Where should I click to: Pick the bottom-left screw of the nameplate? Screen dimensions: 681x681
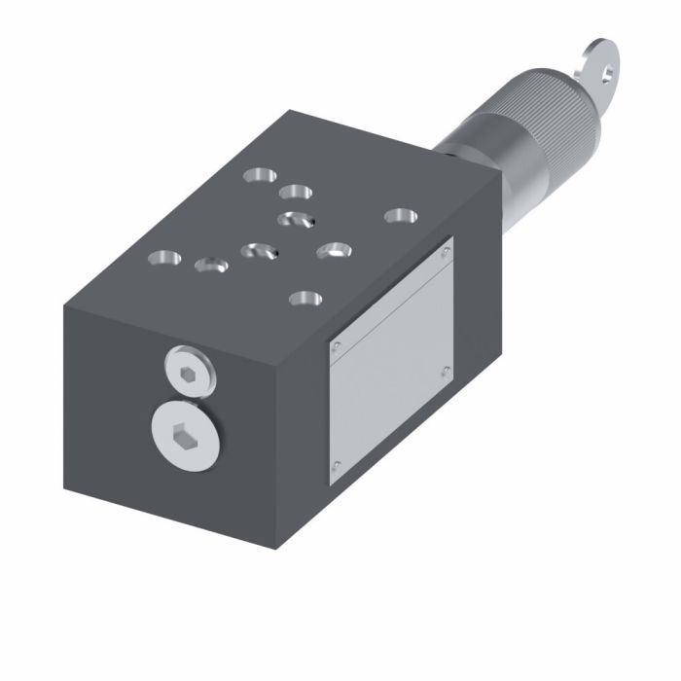point(335,467)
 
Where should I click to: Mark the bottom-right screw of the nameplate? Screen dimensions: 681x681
point(446,370)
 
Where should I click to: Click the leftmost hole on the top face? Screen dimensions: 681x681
point(164,260)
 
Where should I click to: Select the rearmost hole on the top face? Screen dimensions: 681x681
point(260,176)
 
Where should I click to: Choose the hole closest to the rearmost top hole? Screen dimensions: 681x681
point(296,192)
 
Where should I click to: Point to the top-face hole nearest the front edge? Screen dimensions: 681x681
point(305,298)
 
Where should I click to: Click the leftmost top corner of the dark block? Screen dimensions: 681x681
point(64,305)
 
